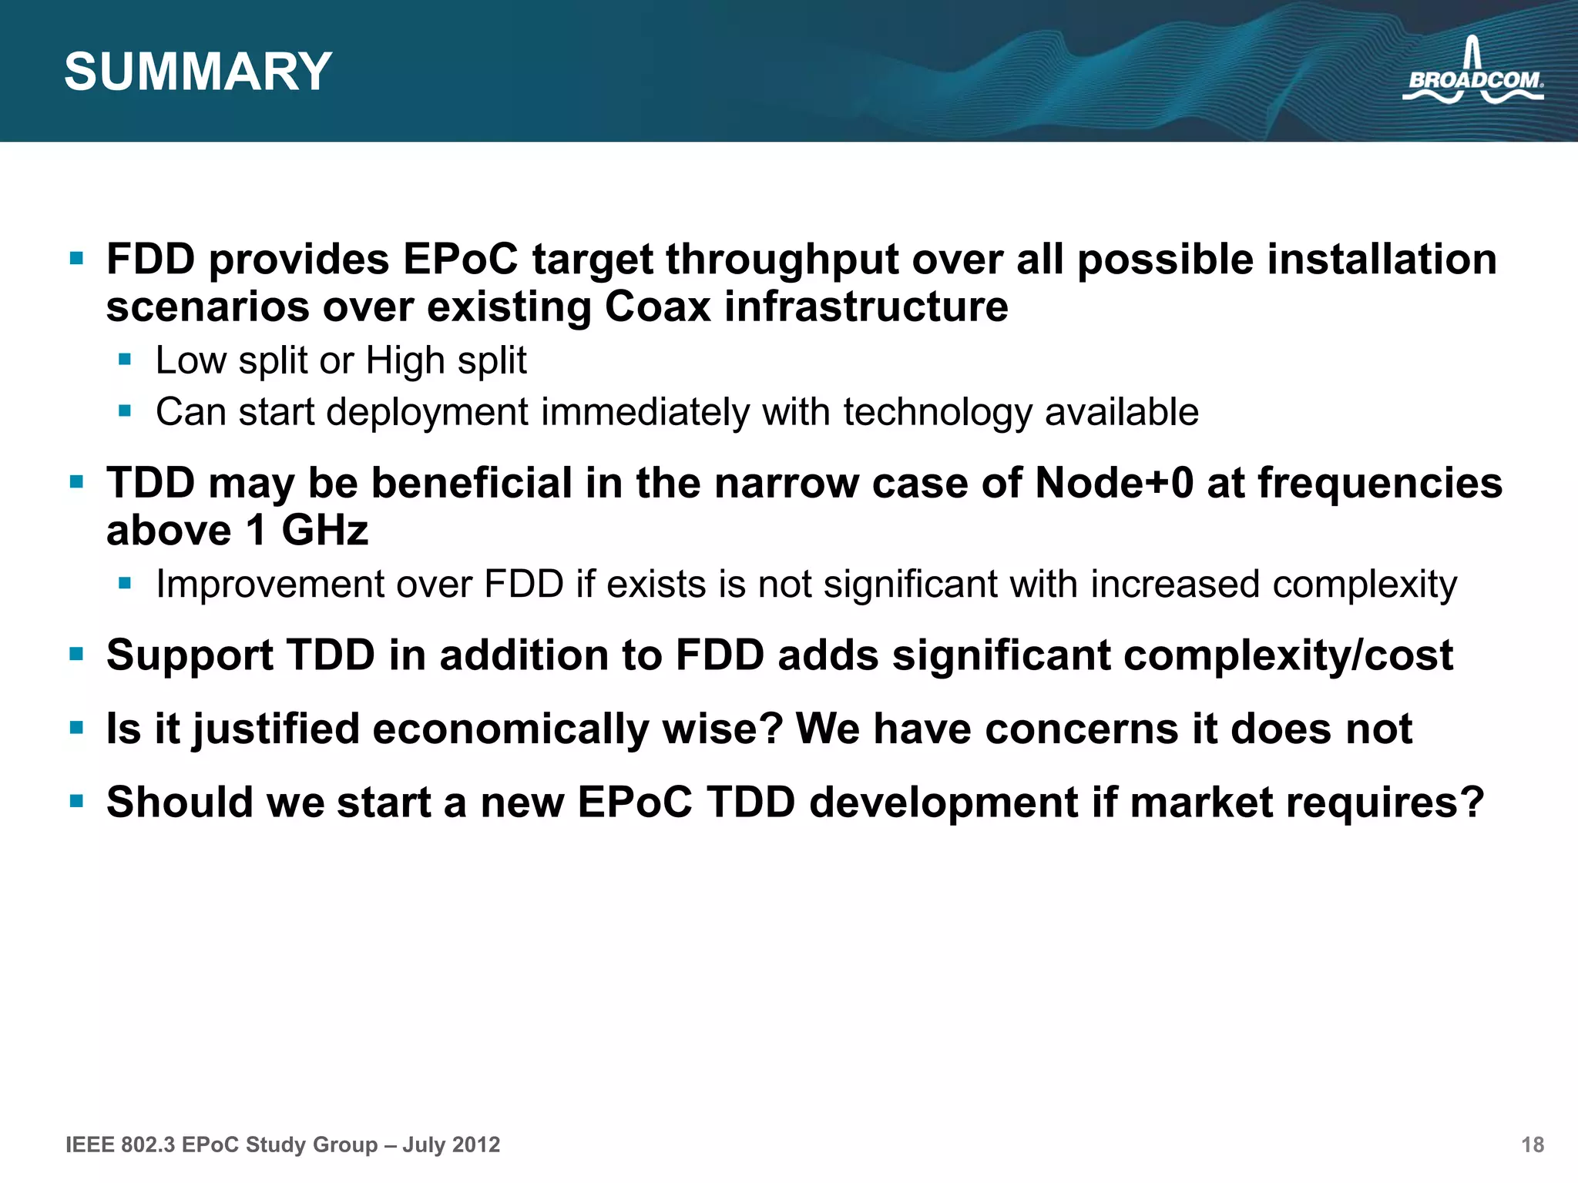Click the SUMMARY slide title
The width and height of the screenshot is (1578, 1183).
pos(198,72)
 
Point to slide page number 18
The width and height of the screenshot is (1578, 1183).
pos(1533,1144)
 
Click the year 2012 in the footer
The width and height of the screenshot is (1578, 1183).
pos(475,1144)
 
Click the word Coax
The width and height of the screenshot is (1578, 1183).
pos(657,307)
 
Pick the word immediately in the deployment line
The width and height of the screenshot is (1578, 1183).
pos(645,412)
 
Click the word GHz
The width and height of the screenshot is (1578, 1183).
pos(324,531)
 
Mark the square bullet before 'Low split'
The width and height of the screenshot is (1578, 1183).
pos(126,359)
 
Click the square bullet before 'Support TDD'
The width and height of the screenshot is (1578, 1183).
pos(76,654)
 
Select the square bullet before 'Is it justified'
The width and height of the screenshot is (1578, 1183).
pos(76,727)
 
